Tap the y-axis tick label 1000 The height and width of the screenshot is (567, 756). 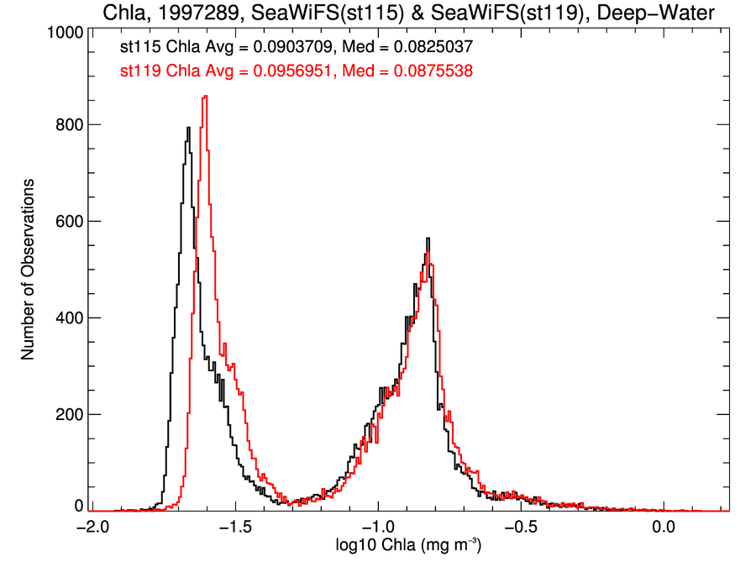(61, 32)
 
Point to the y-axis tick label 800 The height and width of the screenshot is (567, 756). (67, 124)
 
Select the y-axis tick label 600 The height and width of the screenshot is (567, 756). (67, 222)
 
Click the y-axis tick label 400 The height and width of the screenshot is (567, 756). (67, 318)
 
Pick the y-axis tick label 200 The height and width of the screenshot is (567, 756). (67, 415)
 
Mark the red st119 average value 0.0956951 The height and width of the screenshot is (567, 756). (281, 72)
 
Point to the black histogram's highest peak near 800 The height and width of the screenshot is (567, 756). (189, 128)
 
